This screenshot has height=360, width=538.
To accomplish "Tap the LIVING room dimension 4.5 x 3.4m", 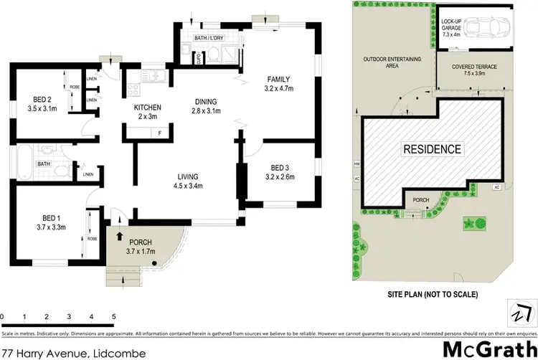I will [x=189, y=186].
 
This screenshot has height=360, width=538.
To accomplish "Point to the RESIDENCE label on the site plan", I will [x=432, y=149].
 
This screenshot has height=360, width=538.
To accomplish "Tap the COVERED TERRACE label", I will [x=474, y=67].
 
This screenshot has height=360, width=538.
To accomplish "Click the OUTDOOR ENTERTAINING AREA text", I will [x=391, y=62].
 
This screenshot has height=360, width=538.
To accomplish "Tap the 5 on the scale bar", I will [x=113, y=316].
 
